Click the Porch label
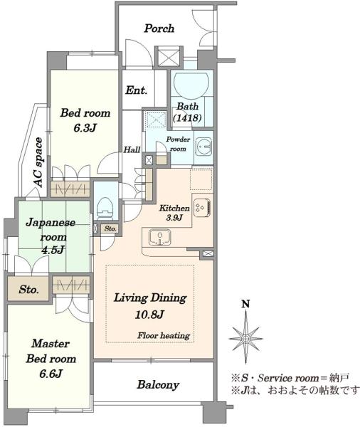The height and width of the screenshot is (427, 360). [159, 28]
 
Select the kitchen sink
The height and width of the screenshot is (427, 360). [160, 237]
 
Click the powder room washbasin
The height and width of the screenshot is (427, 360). [203, 147]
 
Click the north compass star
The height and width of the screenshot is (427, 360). [246, 339]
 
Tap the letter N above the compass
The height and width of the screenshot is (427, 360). [246, 304]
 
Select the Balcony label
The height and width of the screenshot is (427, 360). [158, 385]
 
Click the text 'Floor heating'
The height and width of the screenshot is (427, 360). [164, 335]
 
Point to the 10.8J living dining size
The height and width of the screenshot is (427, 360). [149, 315]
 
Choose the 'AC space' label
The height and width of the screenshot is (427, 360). [38, 162]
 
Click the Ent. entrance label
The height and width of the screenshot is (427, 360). [136, 90]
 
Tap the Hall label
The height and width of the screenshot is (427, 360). [132, 149]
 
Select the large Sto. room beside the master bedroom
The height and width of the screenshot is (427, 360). [28, 289]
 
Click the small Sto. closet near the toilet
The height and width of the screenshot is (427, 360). [110, 228]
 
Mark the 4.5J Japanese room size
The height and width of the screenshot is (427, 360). [52, 250]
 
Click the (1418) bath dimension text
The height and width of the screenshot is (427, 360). [188, 118]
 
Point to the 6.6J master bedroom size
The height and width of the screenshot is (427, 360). [51, 374]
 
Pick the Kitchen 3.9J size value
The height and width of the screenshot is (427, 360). [174, 218]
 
